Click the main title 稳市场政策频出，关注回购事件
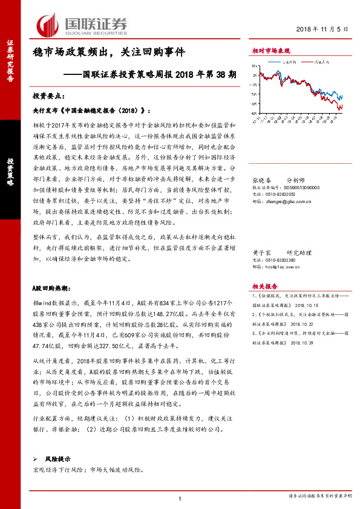click(x=108, y=52)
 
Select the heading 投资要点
click(x=47, y=96)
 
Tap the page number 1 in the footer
click(x=180, y=497)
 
